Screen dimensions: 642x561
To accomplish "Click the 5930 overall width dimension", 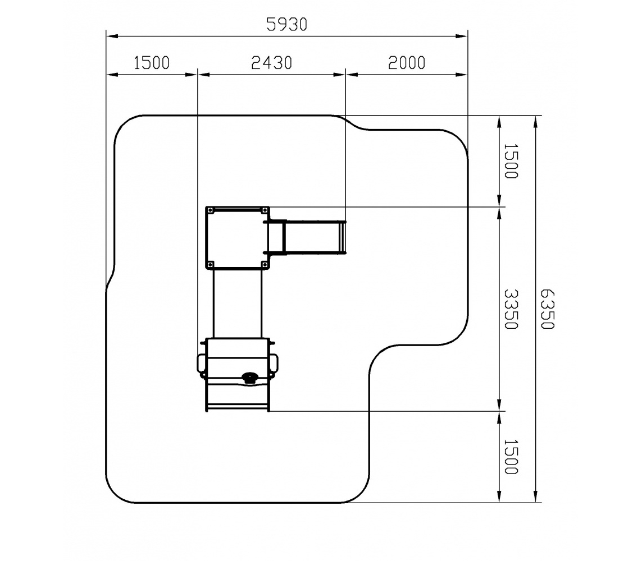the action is [x=286, y=25].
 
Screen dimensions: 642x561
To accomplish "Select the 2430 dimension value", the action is [x=271, y=63].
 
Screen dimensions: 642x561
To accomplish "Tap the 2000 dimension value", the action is [x=407, y=63].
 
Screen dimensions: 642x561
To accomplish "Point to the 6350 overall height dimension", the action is [x=548, y=309].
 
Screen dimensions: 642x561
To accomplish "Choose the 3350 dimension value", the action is [x=511, y=309].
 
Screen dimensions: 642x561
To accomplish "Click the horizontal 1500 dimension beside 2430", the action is [x=152, y=63].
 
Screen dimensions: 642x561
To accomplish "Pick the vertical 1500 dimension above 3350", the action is [x=511, y=161].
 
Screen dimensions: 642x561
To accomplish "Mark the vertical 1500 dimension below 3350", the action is [x=511, y=457].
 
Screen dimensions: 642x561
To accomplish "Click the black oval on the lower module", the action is [x=249, y=376].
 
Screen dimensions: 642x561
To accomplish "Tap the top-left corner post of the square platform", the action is [x=211, y=210].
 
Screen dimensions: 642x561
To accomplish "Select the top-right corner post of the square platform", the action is [x=265, y=210].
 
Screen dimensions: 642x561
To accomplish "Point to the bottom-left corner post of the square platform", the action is [x=211, y=265].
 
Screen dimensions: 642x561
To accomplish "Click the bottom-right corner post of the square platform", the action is [x=265, y=265].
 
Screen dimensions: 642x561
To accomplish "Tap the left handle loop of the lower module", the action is [x=199, y=364].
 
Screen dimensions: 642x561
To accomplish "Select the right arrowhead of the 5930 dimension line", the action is [x=462, y=36].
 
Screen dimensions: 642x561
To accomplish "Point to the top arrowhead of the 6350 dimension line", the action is [x=535, y=122].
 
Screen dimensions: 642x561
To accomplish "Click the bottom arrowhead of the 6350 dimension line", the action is [x=535, y=496].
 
